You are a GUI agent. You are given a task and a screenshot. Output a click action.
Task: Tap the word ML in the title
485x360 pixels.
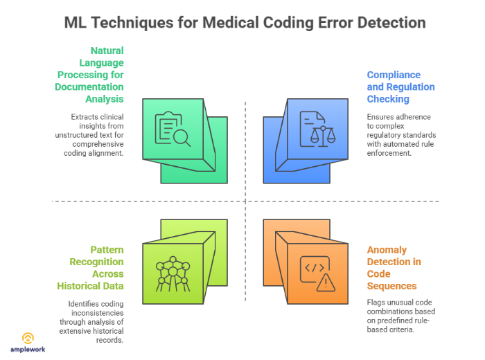(x=77, y=22)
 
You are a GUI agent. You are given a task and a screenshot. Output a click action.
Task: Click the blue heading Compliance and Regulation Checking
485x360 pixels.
(x=400, y=87)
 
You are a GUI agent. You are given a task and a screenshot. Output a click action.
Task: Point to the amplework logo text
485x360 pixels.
(x=28, y=350)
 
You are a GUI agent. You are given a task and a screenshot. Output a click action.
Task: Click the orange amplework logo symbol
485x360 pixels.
(x=28, y=338)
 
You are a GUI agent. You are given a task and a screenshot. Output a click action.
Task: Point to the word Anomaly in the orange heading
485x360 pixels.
(x=387, y=249)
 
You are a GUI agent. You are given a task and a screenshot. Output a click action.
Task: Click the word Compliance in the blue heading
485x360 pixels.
(x=394, y=75)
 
